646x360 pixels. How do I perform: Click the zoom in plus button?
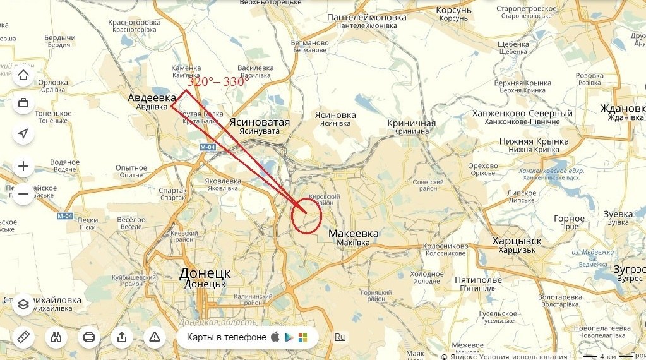click(24, 167)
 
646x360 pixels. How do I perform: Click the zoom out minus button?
click(24, 194)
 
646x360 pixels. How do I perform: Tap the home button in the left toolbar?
click(24, 76)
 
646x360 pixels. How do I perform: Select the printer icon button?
click(89, 337)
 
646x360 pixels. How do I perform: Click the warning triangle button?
click(154, 337)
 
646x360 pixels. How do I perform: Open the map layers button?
click(24, 305)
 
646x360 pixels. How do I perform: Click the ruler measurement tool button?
click(24, 337)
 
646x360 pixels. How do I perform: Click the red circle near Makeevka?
click(307, 215)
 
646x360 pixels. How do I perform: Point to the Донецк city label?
click(205, 273)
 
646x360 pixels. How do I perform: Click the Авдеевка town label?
click(152, 98)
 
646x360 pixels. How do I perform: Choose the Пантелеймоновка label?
click(366, 17)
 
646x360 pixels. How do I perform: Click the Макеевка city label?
click(354, 234)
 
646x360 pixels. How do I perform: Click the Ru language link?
click(340, 337)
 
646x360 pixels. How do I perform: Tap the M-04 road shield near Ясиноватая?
click(208, 147)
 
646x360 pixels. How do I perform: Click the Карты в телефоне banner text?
click(227, 337)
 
